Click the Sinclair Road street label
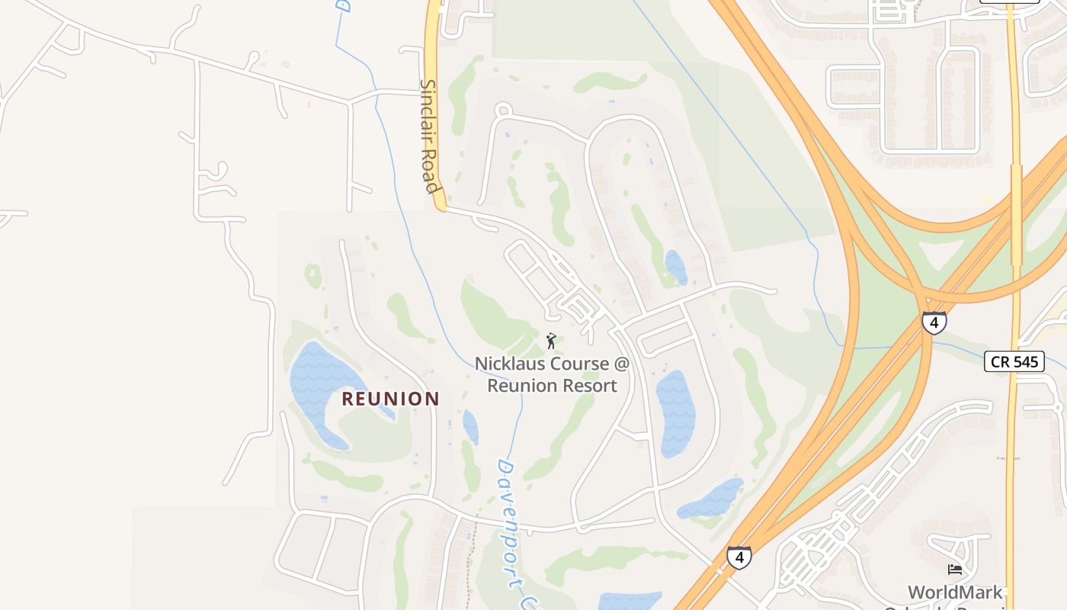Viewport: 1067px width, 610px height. click(x=431, y=137)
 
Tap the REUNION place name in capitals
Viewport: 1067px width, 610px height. click(x=390, y=399)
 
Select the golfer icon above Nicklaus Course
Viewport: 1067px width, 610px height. click(x=551, y=340)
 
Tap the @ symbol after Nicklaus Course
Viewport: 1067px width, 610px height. click(x=622, y=364)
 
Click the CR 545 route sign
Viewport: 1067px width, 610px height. click(x=1013, y=361)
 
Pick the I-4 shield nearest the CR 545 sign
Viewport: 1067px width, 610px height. click(x=934, y=322)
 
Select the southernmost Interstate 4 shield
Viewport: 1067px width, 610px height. click(x=739, y=557)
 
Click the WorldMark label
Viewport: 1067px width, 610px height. click(x=955, y=592)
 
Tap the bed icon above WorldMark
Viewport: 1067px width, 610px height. click(x=954, y=569)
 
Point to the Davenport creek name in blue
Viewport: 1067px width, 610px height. click(x=511, y=526)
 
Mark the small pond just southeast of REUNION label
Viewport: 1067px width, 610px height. click(x=470, y=427)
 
